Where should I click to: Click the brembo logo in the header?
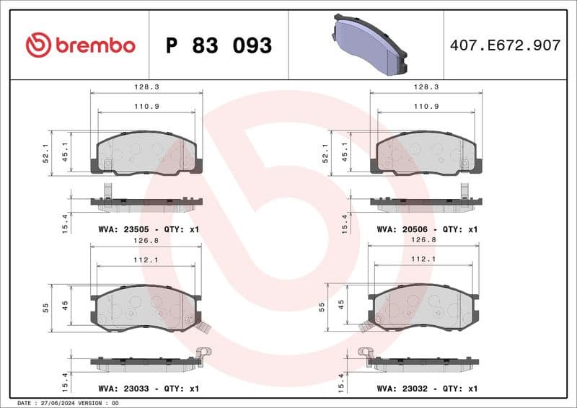80,45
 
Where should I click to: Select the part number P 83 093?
219,45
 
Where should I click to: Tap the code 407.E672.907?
505,45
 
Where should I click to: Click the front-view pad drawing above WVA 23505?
146,153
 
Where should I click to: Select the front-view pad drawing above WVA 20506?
426,153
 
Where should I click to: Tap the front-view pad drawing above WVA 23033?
146,309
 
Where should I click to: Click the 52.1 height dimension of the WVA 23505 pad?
47,152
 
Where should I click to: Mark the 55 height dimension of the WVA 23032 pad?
322,306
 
